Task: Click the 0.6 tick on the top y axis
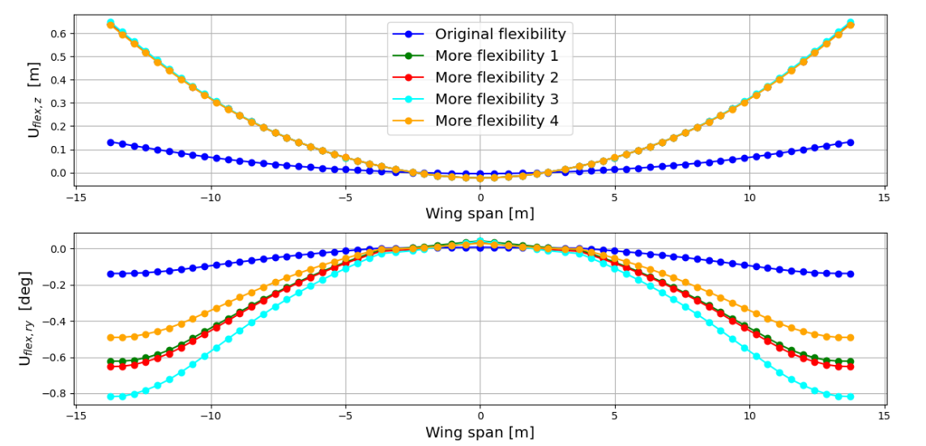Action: (58, 33)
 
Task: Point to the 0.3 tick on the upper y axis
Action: (58, 103)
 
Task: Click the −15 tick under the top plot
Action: (75, 198)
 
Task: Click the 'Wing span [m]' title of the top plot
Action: (480, 214)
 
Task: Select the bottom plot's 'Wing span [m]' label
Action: (480, 433)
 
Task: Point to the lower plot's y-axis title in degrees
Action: (26, 319)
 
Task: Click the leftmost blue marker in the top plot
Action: (110, 142)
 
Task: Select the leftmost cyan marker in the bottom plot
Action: (110, 397)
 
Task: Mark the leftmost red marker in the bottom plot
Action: (110, 367)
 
